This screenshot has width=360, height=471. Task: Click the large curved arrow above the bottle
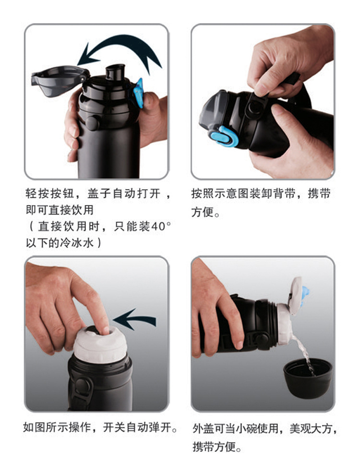(x=126, y=42)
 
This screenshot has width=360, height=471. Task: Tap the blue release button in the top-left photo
(x=139, y=93)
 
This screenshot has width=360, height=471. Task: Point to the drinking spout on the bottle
(x=115, y=72)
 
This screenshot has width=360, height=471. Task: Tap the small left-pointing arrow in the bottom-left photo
(x=135, y=319)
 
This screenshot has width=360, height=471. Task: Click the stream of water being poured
(x=304, y=353)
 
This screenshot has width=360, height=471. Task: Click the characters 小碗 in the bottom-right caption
(x=246, y=428)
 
